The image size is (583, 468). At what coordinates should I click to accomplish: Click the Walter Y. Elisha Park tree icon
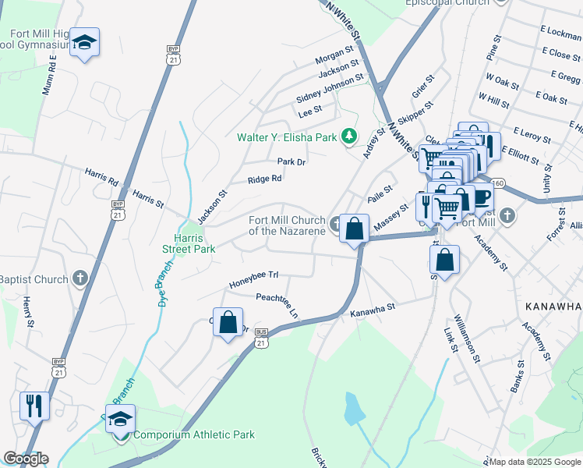click(350, 137)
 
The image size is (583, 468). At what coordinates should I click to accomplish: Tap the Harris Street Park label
click(193, 243)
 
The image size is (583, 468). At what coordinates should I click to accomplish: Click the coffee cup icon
click(482, 197)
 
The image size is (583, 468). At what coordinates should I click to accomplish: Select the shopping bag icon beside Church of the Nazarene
click(355, 229)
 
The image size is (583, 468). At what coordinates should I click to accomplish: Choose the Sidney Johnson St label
click(330, 88)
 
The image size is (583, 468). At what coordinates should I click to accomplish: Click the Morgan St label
click(334, 55)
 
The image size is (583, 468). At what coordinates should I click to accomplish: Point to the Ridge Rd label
click(264, 179)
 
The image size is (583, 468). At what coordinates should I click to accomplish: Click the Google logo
click(26, 459)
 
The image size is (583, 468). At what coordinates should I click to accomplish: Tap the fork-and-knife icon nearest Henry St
click(34, 406)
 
